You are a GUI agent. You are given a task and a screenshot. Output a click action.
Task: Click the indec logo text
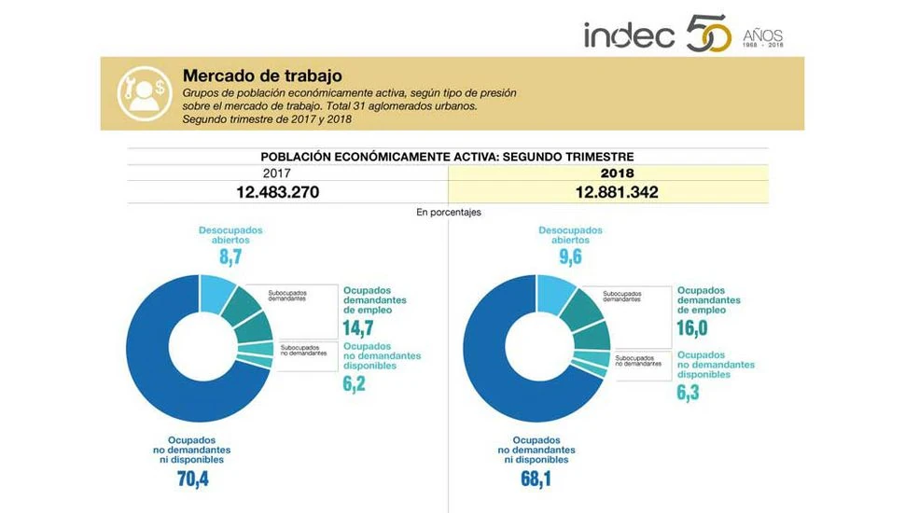tap(629, 35)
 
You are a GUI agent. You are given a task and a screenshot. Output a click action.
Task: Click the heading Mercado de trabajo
tap(262, 76)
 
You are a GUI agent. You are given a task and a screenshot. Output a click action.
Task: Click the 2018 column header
tap(617, 173)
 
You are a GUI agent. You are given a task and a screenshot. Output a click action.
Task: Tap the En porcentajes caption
tap(449, 213)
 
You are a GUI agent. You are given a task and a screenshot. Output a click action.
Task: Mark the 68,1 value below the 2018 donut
tap(535, 479)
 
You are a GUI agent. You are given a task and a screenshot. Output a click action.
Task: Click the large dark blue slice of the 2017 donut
tap(149, 354)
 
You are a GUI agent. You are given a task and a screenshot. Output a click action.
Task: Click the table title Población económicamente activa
tap(448, 157)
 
